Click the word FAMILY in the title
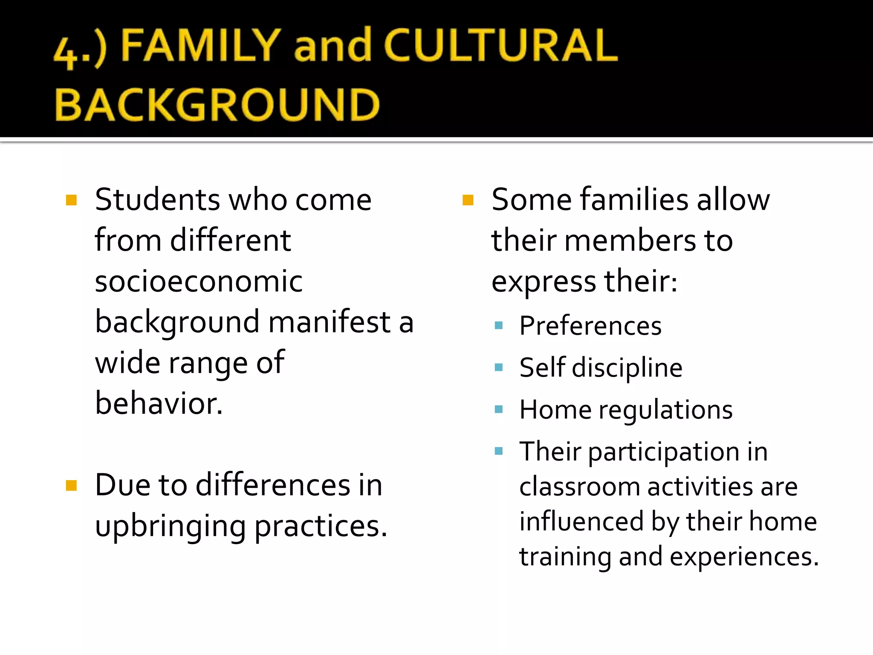point(200,45)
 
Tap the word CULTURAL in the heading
point(500,45)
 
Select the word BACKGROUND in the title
point(217,105)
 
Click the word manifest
point(329,322)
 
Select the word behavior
point(159,403)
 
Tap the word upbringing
point(170,527)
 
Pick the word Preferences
point(590,326)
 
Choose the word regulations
point(665,410)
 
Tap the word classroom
point(580,487)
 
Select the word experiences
point(744,557)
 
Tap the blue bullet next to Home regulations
point(499,410)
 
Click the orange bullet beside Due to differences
point(71,486)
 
